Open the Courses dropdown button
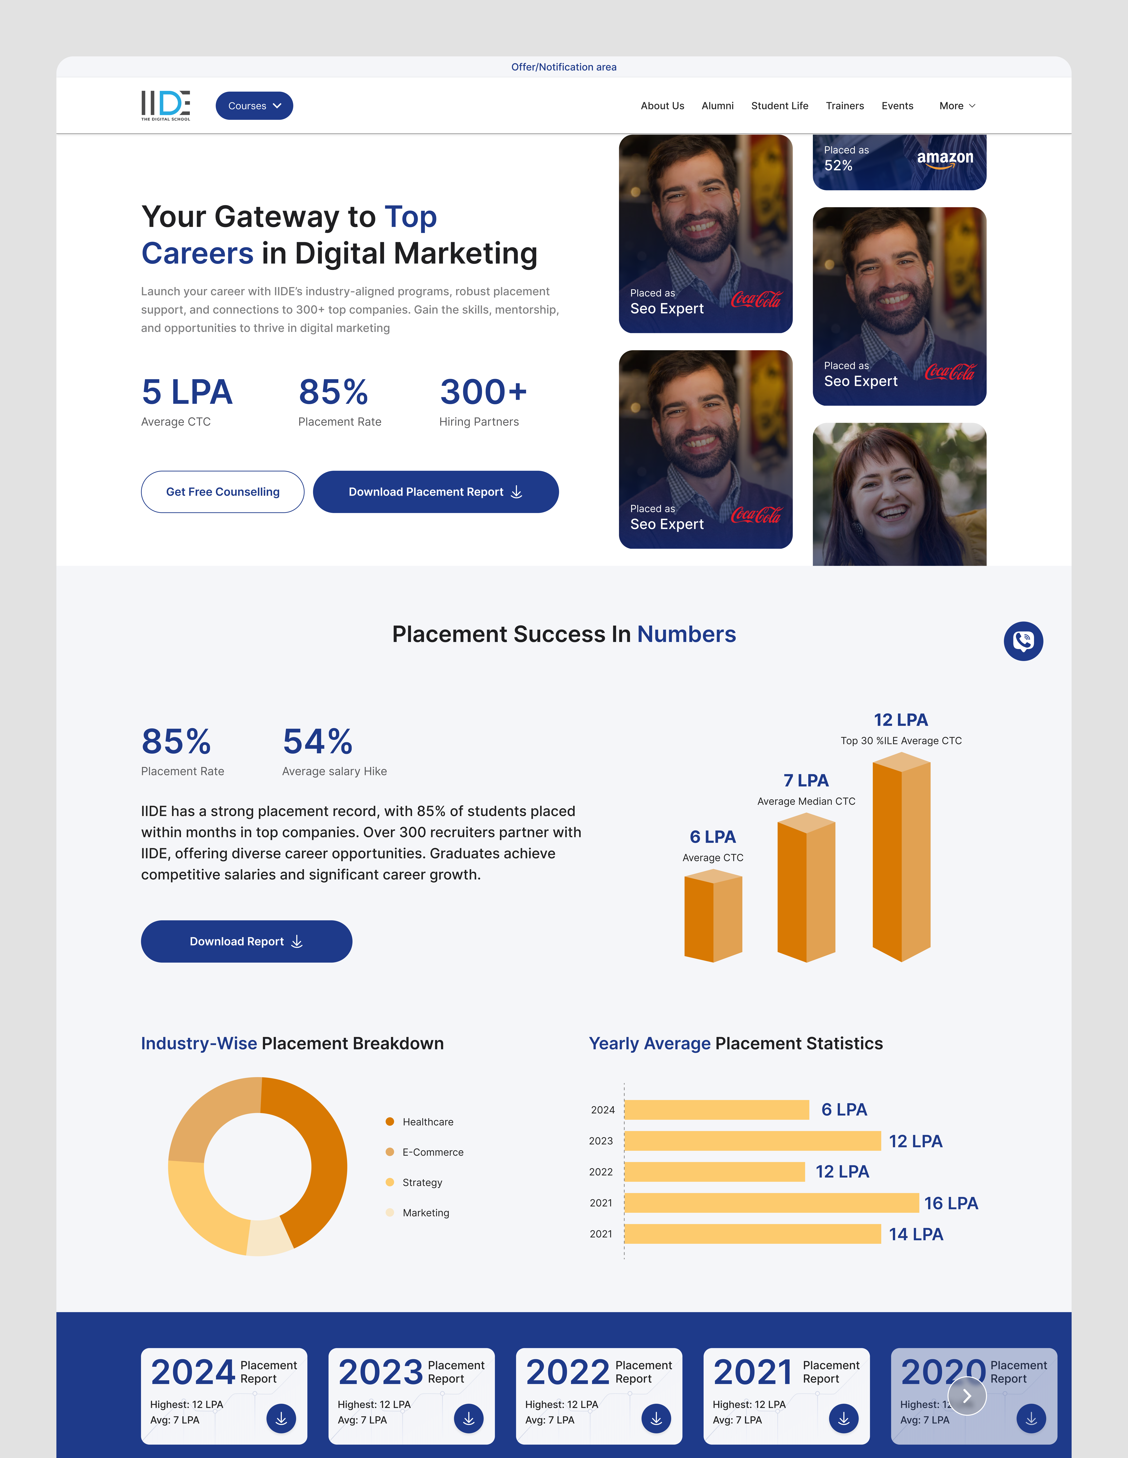click(x=254, y=106)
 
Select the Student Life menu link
click(x=779, y=106)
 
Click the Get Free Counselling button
click(x=222, y=492)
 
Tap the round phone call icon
click(x=1023, y=641)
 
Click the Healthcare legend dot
click(x=390, y=1122)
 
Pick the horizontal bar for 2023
click(x=753, y=1141)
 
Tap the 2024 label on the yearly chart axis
click(x=602, y=1110)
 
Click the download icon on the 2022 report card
click(x=656, y=1419)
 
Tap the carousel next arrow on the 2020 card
click(x=966, y=1396)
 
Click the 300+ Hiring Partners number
click(x=483, y=392)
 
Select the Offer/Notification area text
click(x=564, y=67)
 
